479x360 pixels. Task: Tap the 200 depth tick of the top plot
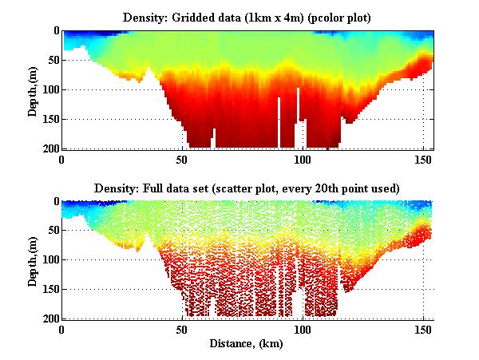49,148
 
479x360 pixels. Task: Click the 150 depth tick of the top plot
49,119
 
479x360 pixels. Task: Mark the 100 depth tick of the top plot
49,89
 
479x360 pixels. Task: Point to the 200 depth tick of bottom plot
49,318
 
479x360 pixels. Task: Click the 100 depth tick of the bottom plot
49,260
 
